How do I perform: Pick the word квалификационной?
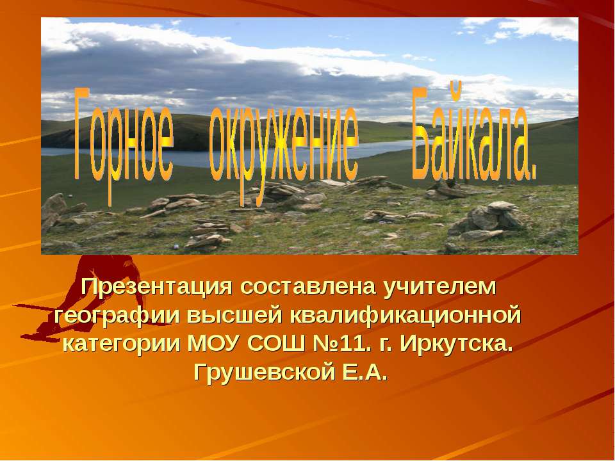pos(406,316)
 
